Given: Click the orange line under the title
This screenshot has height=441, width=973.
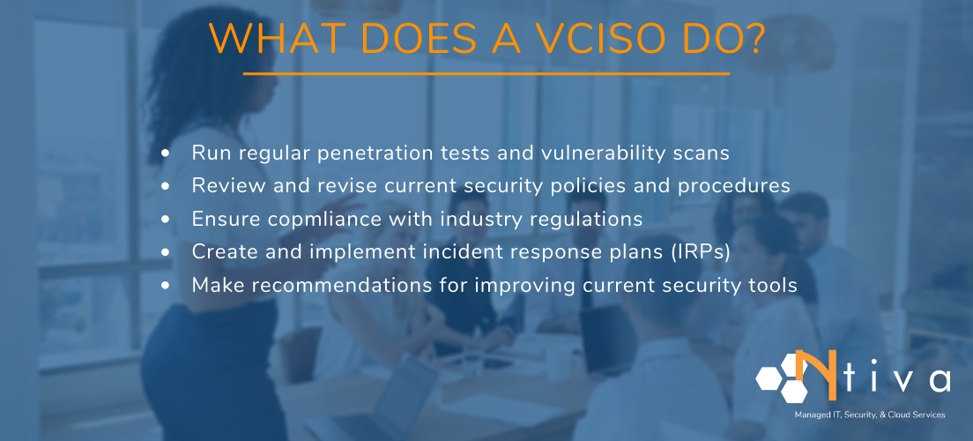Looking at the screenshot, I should pos(486,74).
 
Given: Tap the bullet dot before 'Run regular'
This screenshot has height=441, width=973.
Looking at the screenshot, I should pos(167,153).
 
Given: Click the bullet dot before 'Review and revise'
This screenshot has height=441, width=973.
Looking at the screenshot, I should pos(167,187).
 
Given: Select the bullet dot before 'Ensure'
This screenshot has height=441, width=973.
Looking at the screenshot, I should pos(167,220).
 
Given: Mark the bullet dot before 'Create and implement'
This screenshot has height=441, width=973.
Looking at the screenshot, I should pos(167,253).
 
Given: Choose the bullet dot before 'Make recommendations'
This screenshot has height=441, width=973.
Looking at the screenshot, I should pos(167,286).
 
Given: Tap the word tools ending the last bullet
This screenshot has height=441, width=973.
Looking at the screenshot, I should pos(776,286).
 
